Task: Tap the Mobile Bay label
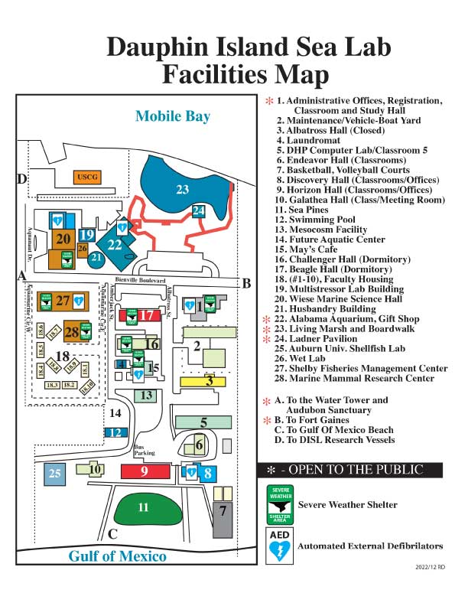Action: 172,116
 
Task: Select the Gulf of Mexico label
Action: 117,556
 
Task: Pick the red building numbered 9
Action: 145,471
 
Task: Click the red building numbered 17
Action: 149,315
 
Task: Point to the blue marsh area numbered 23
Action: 182,189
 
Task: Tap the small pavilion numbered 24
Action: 199,210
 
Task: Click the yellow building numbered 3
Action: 208,380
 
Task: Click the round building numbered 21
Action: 96,259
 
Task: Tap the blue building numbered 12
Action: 115,432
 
